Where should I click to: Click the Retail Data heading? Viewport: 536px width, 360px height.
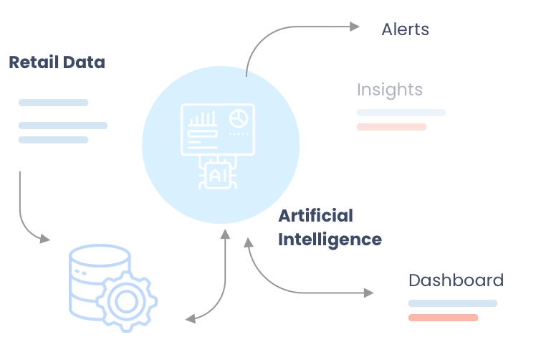[57, 62]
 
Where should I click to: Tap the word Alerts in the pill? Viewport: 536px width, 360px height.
[405, 29]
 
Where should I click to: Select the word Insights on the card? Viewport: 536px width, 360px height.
[390, 90]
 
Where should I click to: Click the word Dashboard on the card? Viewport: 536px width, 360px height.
[456, 280]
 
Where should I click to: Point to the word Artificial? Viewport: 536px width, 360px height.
[315, 215]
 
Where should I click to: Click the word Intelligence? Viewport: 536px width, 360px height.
[330, 239]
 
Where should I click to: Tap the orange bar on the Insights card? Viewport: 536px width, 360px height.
[391, 127]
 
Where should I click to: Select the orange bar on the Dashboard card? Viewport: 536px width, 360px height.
[443, 317]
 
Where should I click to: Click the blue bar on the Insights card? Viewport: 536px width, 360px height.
[401, 113]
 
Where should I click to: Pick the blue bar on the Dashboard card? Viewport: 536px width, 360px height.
[452, 303]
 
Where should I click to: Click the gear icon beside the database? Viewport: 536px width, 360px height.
[126, 302]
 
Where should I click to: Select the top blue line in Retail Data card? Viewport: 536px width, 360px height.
[53, 103]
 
